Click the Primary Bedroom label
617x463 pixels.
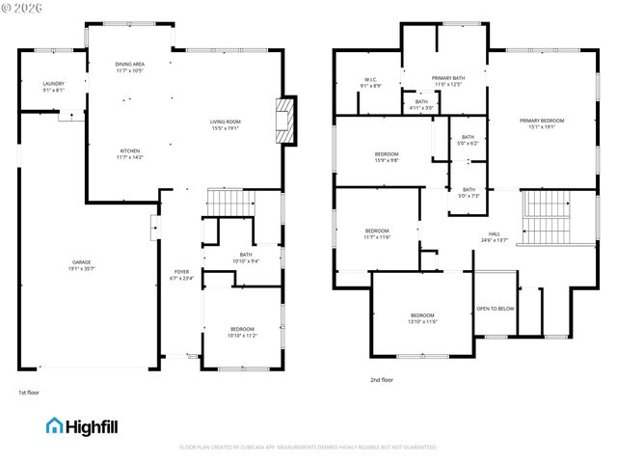click(x=542, y=123)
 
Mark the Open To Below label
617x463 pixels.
click(x=496, y=309)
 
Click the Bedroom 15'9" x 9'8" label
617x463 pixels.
click(x=387, y=156)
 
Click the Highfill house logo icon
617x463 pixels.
click(x=55, y=425)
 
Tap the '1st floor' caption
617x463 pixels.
click(x=28, y=393)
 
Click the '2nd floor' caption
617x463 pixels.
click(x=382, y=380)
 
